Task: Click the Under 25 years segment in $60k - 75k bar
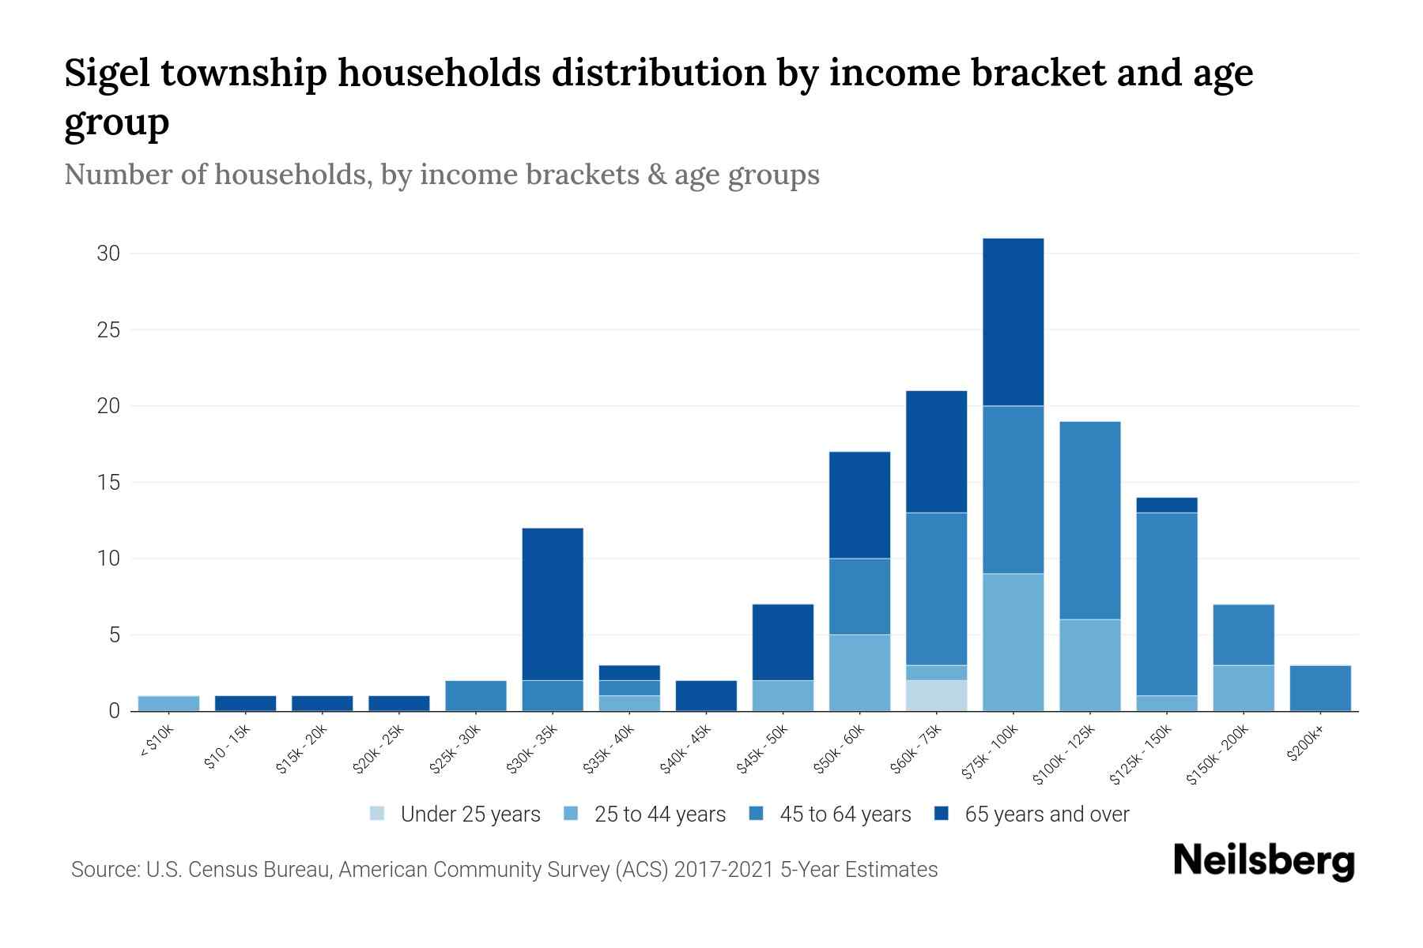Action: point(936,695)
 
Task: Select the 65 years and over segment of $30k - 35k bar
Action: point(553,604)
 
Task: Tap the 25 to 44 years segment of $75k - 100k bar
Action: point(1013,641)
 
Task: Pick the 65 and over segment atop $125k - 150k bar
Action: point(1166,505)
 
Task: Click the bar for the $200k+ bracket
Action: point(1319,688)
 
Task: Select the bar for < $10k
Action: point(168,703)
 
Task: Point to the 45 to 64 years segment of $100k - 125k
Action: point(1089,520)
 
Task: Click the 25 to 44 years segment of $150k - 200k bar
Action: point(1243,688)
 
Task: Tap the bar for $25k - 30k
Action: point(476,695)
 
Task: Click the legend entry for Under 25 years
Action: point(455,814)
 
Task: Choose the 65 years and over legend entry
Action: point(1032,814)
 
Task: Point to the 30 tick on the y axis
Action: point(108,254)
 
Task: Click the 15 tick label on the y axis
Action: point(108,482)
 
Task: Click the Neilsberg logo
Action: point(1263,862)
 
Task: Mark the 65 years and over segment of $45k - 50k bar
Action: point(783,642)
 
